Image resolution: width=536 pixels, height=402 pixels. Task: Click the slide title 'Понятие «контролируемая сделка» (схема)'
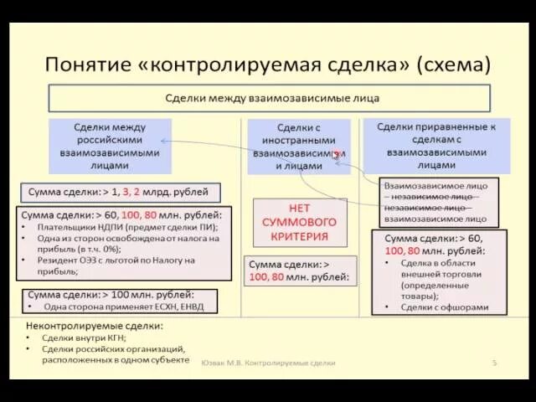[267, 64]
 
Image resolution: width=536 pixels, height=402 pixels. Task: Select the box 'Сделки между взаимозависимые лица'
[269, 98]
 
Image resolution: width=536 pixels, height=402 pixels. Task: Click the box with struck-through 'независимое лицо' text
[434, 201]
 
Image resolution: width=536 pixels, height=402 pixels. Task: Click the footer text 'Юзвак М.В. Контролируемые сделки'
[268, 363]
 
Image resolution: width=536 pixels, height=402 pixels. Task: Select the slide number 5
[494, 363]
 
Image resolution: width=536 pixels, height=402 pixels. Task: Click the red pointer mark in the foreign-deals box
[337, 155]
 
